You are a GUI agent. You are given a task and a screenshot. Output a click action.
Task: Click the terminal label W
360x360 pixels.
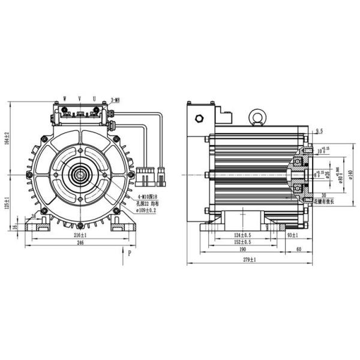coord(64,97)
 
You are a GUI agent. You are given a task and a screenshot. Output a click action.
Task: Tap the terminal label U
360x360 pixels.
coord(94,97)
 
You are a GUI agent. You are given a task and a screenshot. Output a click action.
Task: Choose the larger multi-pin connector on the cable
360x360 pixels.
coord(143,176)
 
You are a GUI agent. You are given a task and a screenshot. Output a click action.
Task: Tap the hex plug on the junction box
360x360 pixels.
coord(199,118)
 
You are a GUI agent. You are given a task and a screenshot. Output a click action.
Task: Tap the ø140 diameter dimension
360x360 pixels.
coord(349,174)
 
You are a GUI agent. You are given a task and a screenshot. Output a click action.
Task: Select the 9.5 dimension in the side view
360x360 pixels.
coord(319,130)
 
